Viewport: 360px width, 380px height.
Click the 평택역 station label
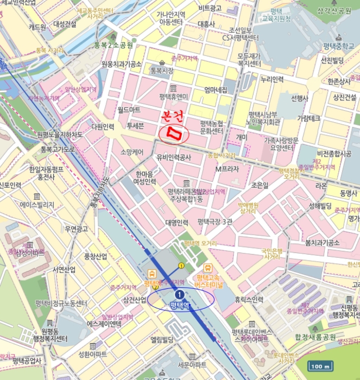click(x=179, y=305)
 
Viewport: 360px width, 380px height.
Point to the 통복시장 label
click(x=162, y=71)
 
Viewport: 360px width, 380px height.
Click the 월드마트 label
click(x=129, y=110)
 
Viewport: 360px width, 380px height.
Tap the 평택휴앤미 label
click(x=173, y=97)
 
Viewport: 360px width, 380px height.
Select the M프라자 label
click(x=227, y=169)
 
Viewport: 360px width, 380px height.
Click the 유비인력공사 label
click(x=174, y=157)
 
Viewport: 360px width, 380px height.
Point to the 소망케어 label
click(x=132, y=153)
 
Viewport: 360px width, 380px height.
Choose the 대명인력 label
click(x=176, y=223)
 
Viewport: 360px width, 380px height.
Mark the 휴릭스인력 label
click(x=249, y=299)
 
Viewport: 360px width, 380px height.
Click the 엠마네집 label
click(x=216, y=90)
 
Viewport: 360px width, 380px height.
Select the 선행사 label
click(x=300, y=98)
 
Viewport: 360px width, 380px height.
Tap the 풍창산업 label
click(x=95, y=256)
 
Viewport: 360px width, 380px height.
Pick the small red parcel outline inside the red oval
click(x=174, y=132)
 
